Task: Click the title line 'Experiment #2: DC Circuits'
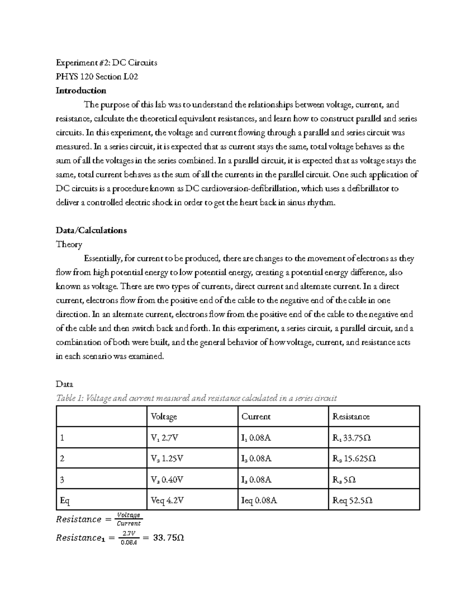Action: (106, 63)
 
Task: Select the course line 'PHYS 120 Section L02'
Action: (97, 77)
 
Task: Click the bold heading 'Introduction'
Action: (81, 91)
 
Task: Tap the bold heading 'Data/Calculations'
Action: (91, 230)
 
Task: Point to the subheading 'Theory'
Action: (69, 244)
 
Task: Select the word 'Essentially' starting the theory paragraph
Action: (102, 259)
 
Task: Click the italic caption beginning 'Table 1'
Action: (196, 398)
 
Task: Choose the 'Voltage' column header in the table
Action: (164, 417)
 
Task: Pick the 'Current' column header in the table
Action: (256, 417)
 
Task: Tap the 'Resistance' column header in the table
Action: (351, 417)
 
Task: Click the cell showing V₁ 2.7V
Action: (165, 438)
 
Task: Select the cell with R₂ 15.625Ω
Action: (354, 459)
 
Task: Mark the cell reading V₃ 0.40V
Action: (167, 480)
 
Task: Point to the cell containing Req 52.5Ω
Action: (352, 501)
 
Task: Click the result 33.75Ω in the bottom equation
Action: (168, 538)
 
